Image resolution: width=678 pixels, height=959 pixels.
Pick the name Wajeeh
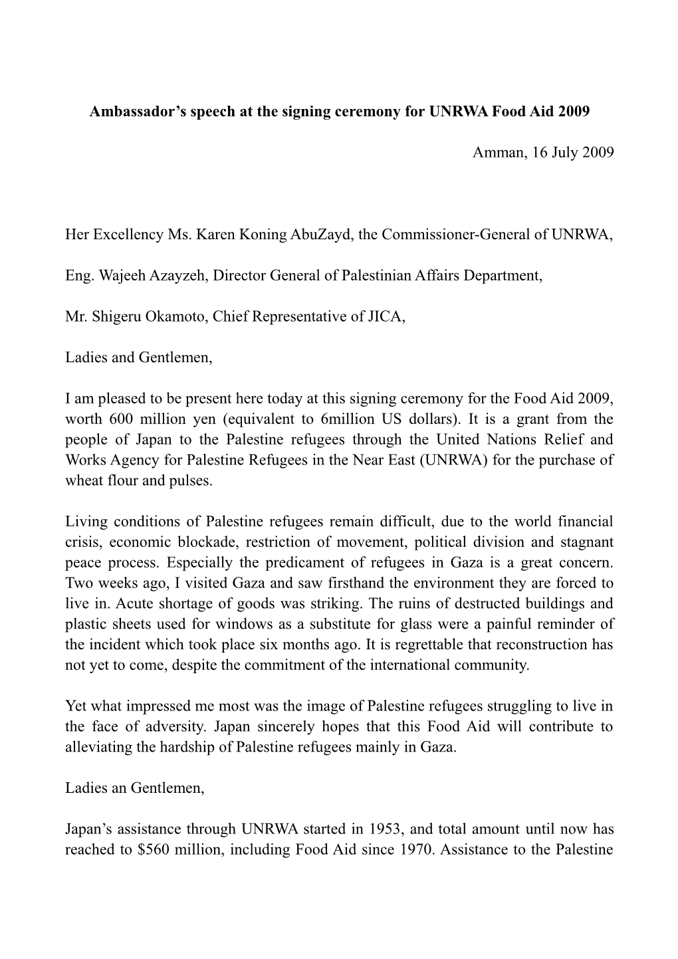(125, 276)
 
